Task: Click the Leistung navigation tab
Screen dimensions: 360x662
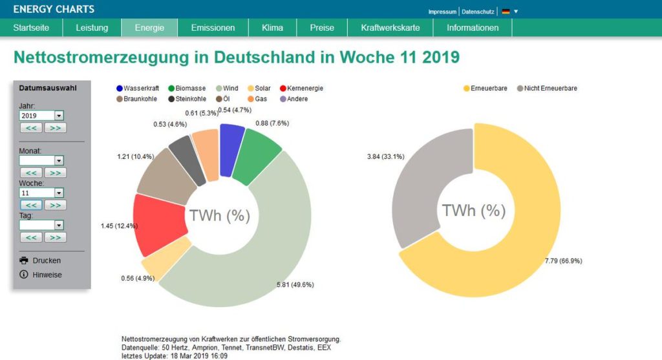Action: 91,28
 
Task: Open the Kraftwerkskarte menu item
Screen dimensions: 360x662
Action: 390,28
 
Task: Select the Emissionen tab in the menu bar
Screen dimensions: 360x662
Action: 213,28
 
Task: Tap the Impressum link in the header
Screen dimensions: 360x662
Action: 442,12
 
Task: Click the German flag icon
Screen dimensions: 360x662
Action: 506,12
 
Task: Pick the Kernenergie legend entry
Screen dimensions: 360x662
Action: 301,88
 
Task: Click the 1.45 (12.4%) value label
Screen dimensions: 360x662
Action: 119,225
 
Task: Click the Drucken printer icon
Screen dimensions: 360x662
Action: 25,260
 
